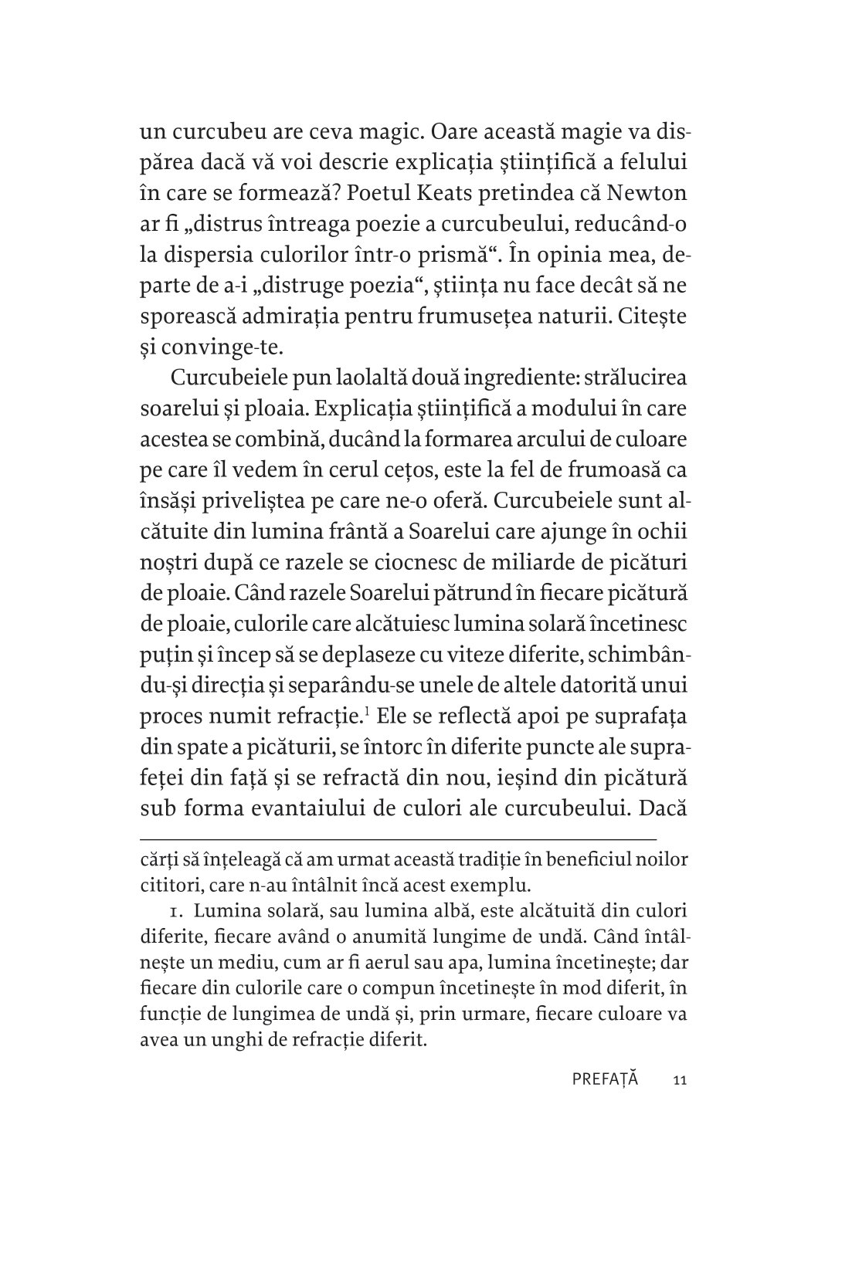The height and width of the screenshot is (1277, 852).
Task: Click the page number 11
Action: point(680,1080)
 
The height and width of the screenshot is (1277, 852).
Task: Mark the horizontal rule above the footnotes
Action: point(398,838)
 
